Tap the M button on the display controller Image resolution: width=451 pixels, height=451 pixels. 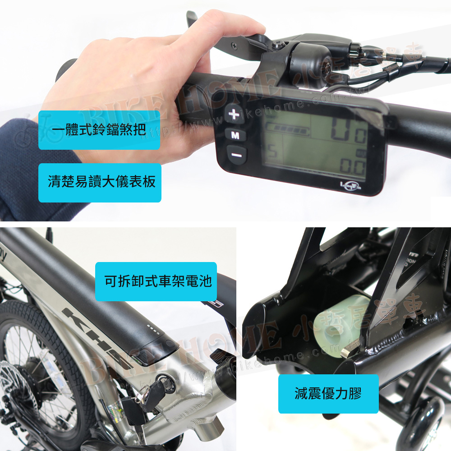click(x=235, y=134)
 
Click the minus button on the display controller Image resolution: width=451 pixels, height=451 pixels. click(x=237, y=155)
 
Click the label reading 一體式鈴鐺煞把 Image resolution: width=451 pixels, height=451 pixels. click(x=99, y=130)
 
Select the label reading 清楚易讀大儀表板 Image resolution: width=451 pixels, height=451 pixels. click(x=100, y=182)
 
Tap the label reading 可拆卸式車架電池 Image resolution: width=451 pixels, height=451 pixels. click(x=156, y=282)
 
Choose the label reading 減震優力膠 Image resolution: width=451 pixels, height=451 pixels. click(x=328, y=394)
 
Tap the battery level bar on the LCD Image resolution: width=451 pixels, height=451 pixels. click(x=289, y=130)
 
